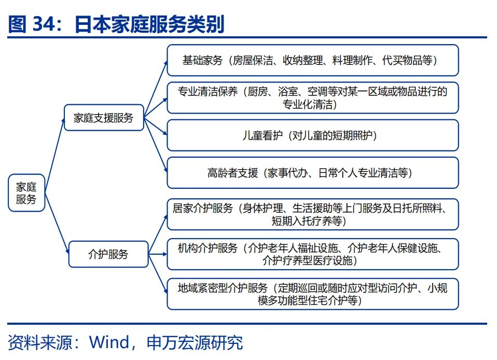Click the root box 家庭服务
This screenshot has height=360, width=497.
(x=26, y=192)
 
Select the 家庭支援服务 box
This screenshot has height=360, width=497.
(x=104, y=118)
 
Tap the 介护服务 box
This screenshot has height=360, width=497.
(x=108, y=254)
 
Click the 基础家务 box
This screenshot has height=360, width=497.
(x=312, y=60)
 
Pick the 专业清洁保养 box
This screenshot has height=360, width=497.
(x=312, y=98)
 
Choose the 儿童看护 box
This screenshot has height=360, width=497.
(x=312, y=135)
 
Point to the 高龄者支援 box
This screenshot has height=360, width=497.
(x=312, y=173)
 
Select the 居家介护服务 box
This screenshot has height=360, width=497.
(x=312, y=214)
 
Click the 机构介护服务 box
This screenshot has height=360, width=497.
(x=312, y=254)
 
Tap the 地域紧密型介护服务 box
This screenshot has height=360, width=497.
(x=312, y=294)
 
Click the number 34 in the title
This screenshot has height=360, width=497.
(x=44, y=24)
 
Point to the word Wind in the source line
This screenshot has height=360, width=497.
(x=109, y=342)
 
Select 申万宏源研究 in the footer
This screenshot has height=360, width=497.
(x=195, y=342)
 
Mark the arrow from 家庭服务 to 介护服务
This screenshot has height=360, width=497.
(x=57, y=223)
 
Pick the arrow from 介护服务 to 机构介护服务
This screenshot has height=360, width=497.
(x=158, y=254)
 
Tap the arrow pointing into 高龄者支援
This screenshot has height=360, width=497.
(x=155, y=145)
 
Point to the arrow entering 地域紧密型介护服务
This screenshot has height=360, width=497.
(x=158, y=274)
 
